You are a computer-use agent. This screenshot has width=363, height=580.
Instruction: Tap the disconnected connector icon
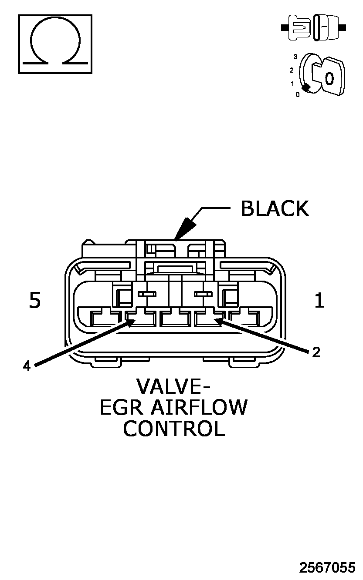point(313,27)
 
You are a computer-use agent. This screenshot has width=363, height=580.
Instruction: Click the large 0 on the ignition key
point(329,78)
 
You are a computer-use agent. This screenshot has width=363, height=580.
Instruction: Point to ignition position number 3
point(295,57)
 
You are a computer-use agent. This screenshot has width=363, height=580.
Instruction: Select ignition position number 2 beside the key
point(292,70)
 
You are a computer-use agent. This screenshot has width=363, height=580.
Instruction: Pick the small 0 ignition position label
point(298,95)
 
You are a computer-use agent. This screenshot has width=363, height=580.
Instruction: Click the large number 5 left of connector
point(35,300)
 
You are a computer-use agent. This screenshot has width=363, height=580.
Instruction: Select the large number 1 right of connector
point(319,300)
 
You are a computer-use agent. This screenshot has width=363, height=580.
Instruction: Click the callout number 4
point(27,366)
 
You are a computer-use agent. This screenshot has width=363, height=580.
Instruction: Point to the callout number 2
point(316,352)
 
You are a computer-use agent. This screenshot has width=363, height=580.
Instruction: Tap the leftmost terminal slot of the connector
point(105,318)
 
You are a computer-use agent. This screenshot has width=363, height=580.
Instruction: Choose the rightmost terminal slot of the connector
point(244,318)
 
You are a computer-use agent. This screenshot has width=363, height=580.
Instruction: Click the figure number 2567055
point(327,567)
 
